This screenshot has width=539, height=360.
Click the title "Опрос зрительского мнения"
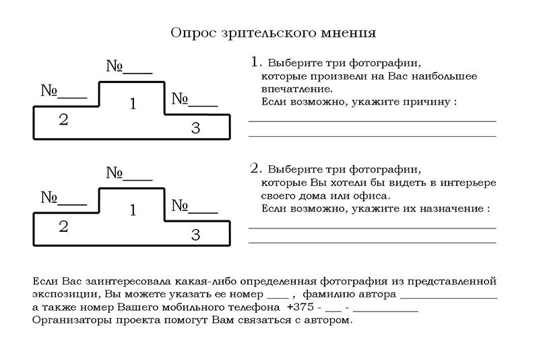click(x=273, y=33)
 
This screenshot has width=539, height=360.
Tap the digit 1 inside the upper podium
click(x=133, y=104)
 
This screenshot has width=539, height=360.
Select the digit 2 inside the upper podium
click(x=63, y=121)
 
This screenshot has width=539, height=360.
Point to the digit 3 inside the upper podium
click(x=195, y=128)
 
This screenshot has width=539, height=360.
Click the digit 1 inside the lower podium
click(x=133, y=211)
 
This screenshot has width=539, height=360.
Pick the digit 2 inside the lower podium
click(x=63, y=227)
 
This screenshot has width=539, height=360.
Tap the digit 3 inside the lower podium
click(x=195, y=235)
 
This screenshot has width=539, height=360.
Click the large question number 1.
click(x=255, y=62)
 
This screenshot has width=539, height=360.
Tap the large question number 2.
click(x=255, y=167)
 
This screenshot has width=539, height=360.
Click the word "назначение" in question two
click(x=449, y=209)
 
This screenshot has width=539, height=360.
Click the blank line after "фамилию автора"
click(x=448, y=295)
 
